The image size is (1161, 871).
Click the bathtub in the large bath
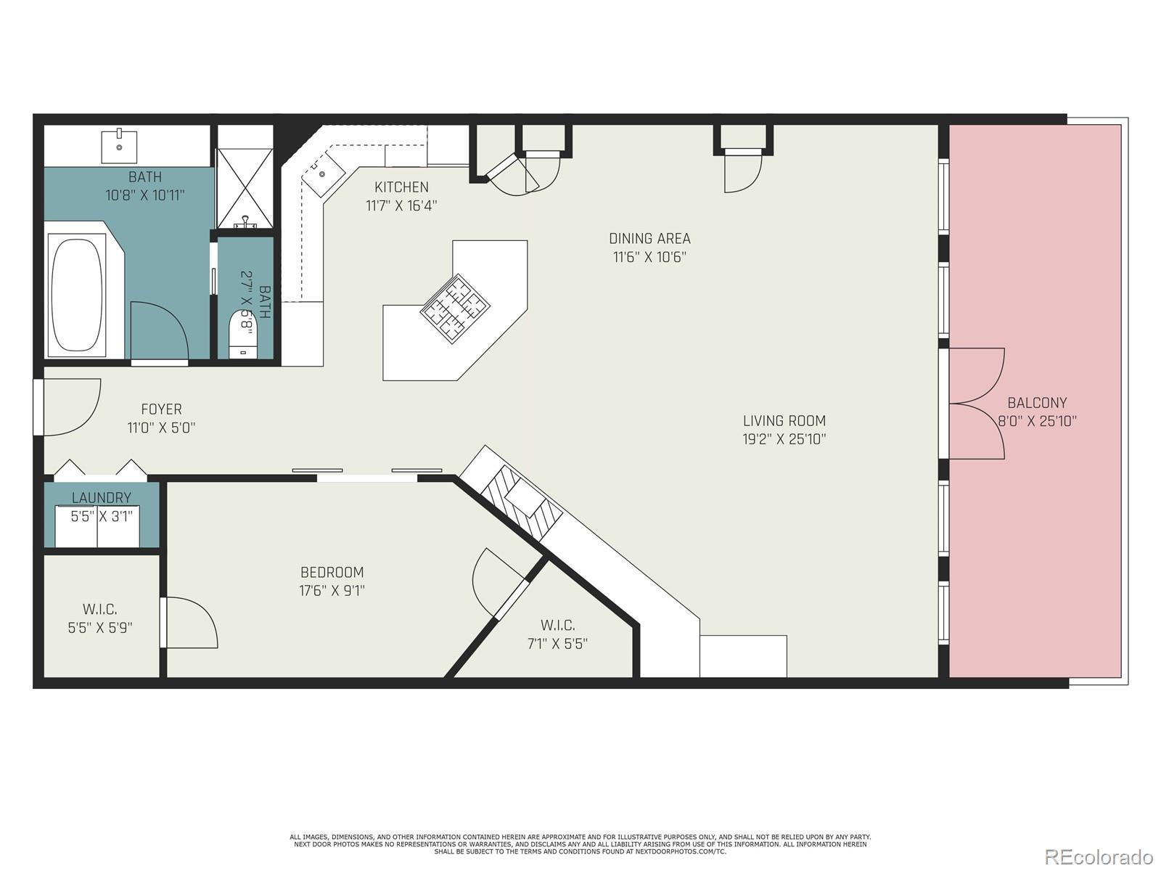point(77,295)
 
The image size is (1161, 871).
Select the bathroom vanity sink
point(120,146)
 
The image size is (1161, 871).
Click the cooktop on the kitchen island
point(455,308)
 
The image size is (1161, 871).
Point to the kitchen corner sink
point(323,173)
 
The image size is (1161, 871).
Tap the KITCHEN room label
point(401,187)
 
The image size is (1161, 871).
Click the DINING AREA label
point(649,239)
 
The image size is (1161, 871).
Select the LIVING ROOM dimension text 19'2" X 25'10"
point(784,439)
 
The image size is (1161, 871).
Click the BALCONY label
point(1037,403)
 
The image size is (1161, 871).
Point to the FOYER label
point(161,409)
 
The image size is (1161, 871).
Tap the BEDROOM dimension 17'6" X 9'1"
point(332,590)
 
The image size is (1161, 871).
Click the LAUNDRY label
point(102,498)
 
